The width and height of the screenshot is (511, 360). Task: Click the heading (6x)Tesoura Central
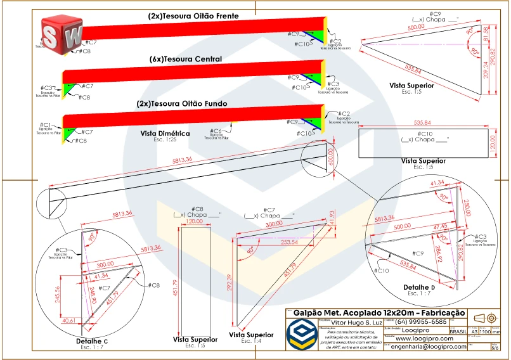(186, 59)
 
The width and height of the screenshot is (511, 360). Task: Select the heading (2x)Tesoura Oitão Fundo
(181, 103)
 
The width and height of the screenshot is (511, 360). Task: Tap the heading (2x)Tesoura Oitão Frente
(193, 16)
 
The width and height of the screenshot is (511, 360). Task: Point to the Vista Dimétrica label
(165, 134)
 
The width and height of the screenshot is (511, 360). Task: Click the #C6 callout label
(216, 131)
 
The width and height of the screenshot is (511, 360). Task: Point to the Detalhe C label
(93, 341)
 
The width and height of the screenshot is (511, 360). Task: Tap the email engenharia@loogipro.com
(428, 347)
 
